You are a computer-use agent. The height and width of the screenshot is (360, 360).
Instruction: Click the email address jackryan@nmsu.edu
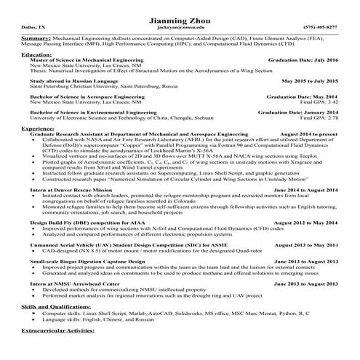coord(179,27)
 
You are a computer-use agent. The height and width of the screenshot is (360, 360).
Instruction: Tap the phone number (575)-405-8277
coord(321,27)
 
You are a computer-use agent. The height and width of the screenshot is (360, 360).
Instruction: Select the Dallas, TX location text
coord(33,27)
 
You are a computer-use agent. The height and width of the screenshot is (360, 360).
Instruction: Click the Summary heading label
coord(36,37)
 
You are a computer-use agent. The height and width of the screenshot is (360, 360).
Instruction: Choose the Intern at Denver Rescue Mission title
coord(71,190)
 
